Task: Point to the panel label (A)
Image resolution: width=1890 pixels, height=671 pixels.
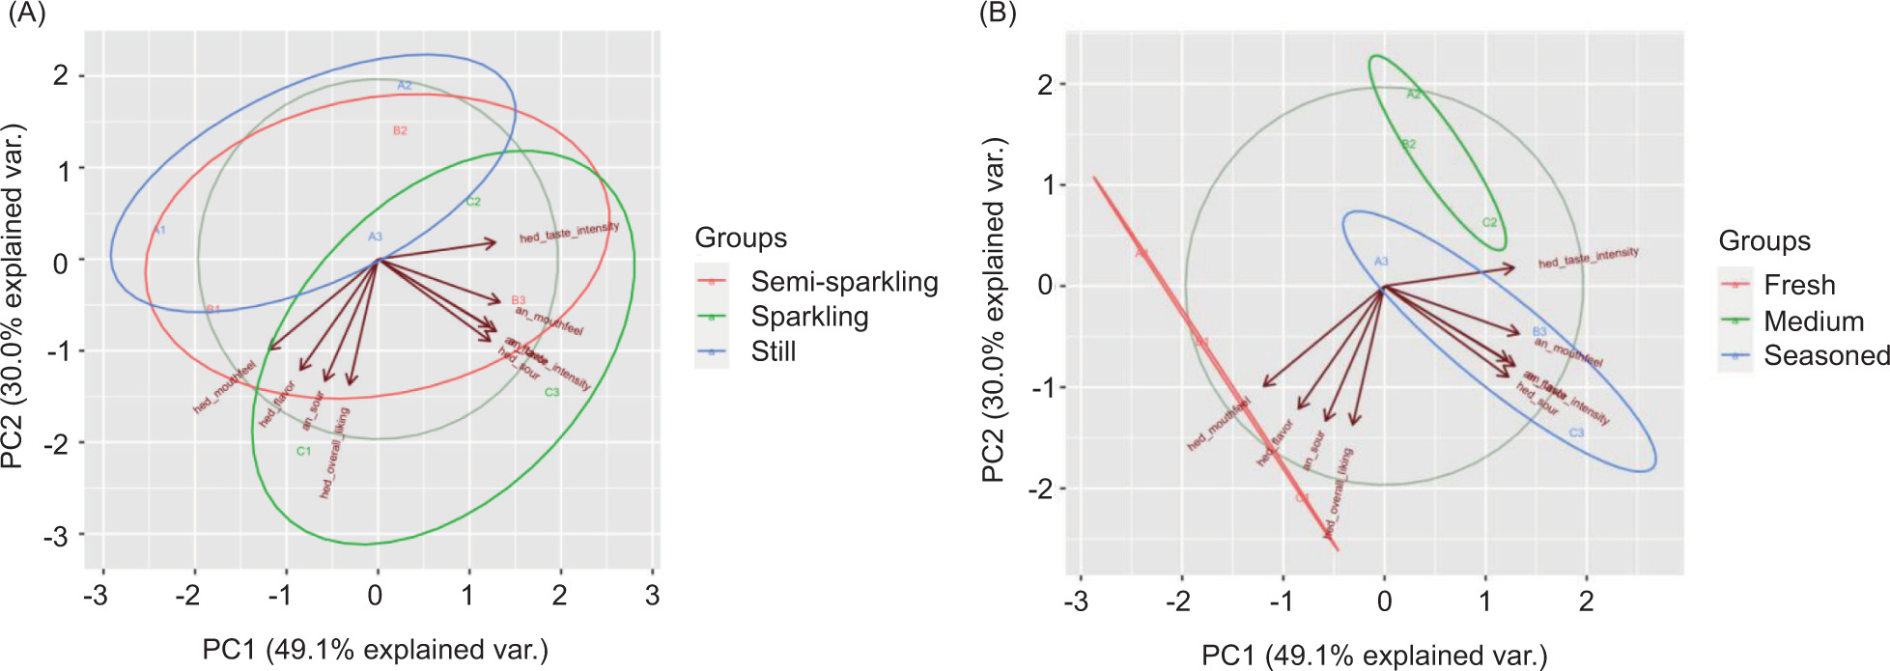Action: pyautogui.click(x=26, y=14)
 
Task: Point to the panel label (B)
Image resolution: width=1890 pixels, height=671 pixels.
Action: pyautogui.click(x=997, y=14)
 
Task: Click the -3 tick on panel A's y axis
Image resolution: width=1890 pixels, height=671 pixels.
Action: pyautogui.click(x=56, y=535)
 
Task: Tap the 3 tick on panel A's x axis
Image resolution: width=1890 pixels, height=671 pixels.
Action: pyautogui.click(x=652, y=595)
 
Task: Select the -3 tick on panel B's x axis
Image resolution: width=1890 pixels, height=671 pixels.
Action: pyautogui.click(x=1075, y=601)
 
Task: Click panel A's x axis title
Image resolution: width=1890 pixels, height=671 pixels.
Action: pyautogui.click(x=375, y=650)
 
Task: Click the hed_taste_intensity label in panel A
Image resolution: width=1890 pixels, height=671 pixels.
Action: pyautogui.click(x=569, y=233)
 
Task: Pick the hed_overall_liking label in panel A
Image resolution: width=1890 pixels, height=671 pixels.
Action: pyautogui.click(x=334, y=453)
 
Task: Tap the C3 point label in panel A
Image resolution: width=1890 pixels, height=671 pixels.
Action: pyautogui.click(x=551, y=392)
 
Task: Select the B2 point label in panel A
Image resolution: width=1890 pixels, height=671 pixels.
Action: pyautogui.click(x=400, y=130)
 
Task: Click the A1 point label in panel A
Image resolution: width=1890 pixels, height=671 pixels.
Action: pyautogui.click(x=159, y=230)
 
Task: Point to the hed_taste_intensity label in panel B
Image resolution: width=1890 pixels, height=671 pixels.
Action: pyautogui.click(x=1588, y=258)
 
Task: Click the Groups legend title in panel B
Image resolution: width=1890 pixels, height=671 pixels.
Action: pyautogui.click(x=1764, y=240)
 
